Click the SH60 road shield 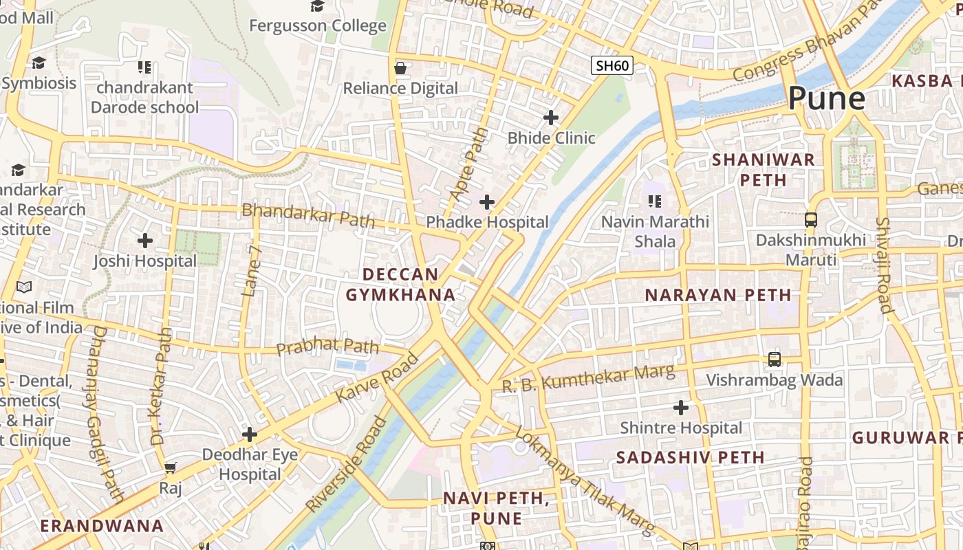pos(612,66)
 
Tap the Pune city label pos(826,98)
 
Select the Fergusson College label pos(317,26)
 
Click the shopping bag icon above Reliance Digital pos(400,68)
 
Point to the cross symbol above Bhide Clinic pos(551,118)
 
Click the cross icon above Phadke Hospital pos(487,202)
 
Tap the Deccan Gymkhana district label pos(400,285)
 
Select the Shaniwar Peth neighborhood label pos(763,170)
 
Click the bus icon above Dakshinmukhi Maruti pos(811,220)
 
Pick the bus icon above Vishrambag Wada pos(775,360)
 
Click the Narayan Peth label pos(717,295)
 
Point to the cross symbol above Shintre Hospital pos(681,408)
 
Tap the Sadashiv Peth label pos(690,457)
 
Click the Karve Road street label pos(377,378)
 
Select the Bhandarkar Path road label pos(308,214)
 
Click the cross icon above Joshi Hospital pos(145,241)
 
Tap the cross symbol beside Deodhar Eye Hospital pos(250,434)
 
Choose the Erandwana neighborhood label pos(102,526)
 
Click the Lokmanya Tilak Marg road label pos(584,482)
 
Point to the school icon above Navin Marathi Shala pos(654,201)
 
